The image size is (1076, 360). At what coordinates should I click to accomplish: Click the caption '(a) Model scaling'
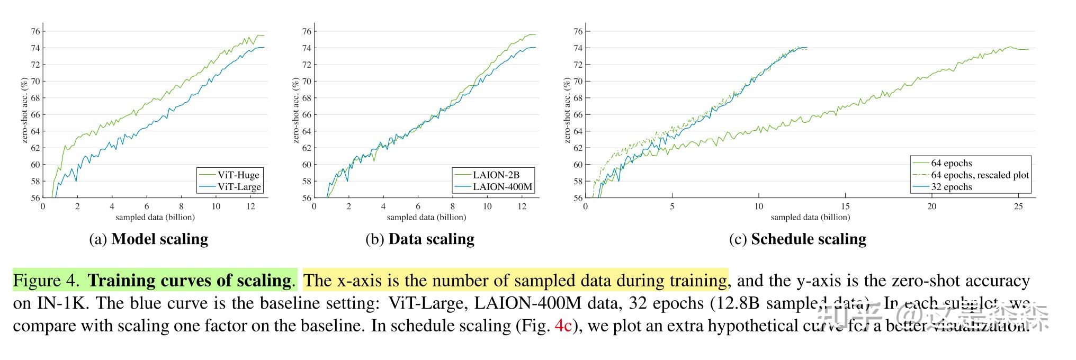click(x=148, y=239)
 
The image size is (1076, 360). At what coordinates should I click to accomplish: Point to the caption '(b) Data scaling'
click(x=420, y=239)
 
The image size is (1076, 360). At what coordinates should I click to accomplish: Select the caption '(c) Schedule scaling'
click(x=797, y=239)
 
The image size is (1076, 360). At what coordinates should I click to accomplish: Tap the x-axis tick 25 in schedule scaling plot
click(x=1018, y=206)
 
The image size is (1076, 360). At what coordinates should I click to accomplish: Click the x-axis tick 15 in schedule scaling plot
click(x=845, y=206)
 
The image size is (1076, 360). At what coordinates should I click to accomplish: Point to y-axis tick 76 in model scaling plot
click(x=35, y=31)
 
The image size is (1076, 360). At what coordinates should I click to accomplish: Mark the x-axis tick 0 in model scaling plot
click(x=43, y=206)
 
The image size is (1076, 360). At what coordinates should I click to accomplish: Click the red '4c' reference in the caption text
click(x=563, y=325)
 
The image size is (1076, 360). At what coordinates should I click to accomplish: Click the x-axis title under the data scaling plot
click(x=426, y=217)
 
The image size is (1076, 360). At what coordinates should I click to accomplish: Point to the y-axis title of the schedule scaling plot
click(x=567, y=110)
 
